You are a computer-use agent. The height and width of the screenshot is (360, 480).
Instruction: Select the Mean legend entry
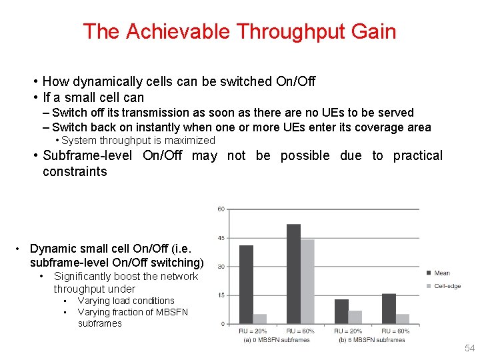pyautogui.click(x=441, y=273)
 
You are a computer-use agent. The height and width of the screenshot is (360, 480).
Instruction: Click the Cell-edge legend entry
pyautogui.click(x=447, y=285)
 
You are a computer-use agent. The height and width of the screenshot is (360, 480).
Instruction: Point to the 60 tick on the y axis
pyautogui.click(x=221, y=209)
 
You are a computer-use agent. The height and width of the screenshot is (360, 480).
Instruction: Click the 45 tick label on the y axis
pyautogui.click(x=221, y=238)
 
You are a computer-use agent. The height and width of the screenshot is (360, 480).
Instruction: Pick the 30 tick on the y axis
pyautogui.click(x=221, y=267)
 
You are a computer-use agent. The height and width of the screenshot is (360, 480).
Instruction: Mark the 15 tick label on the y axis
pyautogui.click(x=221, y=295)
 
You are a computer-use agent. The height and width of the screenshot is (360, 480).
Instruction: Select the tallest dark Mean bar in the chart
pyautogui.click(x=293, y=273)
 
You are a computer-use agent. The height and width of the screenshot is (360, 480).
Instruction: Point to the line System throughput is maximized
pyautogui.click(x=138, y=141)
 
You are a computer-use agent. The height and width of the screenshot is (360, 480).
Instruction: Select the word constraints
pyautogui.click(x=75, y=171)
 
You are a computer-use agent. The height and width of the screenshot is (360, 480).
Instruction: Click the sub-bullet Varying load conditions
pyautogui.click(x=126, y=301)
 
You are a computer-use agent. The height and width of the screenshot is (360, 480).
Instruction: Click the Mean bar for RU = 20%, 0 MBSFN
pyautogui.click(x=246, y=284)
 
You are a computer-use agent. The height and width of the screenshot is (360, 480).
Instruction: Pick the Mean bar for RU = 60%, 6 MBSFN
pyautogui.click(x=389, y=309)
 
